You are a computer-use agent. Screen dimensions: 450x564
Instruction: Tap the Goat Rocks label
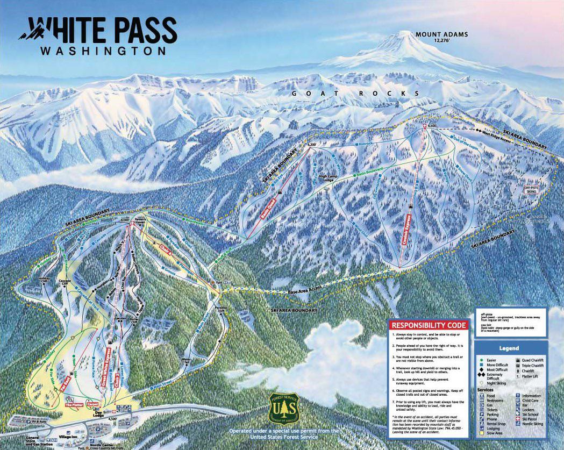coord(355,93)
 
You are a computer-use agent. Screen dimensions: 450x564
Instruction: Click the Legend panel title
coord(509,348)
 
